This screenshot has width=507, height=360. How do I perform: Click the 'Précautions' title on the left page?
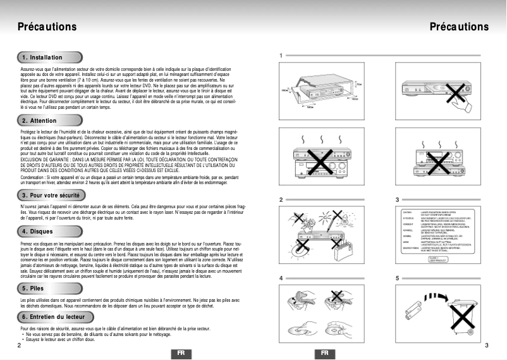pos(47,27)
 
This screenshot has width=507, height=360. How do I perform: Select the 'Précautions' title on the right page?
pos(459,27)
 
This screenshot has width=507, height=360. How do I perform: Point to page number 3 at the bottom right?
pos(486,345)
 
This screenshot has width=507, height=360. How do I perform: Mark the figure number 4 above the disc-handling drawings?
pos(280,278)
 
